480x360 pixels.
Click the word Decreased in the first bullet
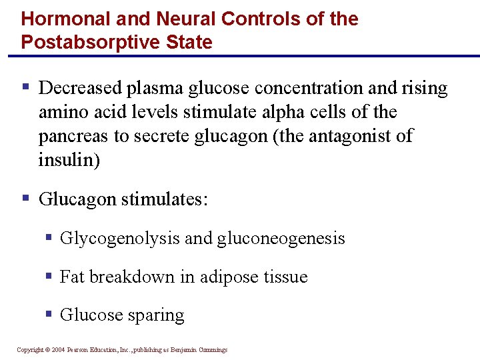click(x=81, y=88)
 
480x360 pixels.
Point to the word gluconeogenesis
click(x=281, y=238)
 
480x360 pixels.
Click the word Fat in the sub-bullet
click(x=72, y=277)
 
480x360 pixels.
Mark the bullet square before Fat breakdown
click(x=49, y=276)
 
